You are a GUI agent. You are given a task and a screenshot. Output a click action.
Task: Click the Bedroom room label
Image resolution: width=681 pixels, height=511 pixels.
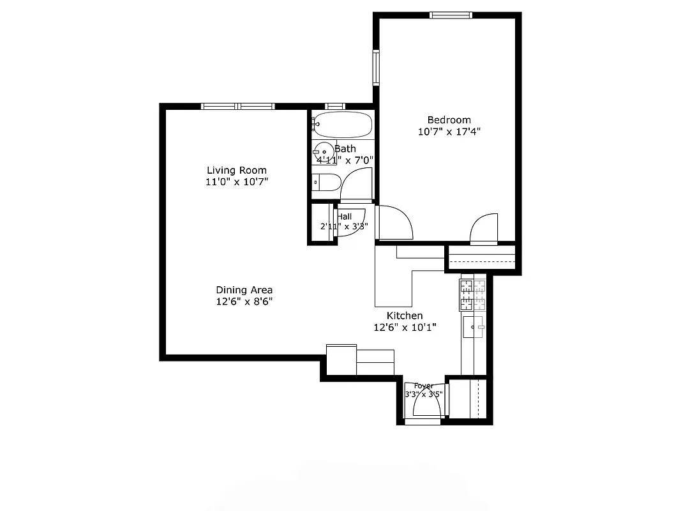(x=449, y=120)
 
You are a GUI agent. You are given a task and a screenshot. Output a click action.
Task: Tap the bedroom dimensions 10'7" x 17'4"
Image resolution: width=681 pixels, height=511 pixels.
(x=449, y=132)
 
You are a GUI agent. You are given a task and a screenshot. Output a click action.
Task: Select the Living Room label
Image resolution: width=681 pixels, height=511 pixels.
(x=236, y=171)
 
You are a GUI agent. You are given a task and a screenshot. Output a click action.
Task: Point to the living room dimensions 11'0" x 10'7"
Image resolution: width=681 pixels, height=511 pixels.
(x=236, y=182)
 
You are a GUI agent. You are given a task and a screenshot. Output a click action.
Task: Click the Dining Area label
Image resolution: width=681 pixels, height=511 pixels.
(x=244, y=290)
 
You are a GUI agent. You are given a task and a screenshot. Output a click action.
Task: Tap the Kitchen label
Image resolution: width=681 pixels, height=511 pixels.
(x=405, y=316)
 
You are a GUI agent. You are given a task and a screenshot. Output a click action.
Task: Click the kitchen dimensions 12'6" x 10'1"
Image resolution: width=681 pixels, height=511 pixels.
(x=405, y=327)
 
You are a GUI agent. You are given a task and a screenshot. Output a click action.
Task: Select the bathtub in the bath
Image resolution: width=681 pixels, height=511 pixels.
(x=343, y=125)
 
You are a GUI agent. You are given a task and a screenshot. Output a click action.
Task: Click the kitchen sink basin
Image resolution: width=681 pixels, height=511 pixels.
(x=474, y=327)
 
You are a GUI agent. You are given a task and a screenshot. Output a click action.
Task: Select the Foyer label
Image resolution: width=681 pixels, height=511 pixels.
(x=424, y=386)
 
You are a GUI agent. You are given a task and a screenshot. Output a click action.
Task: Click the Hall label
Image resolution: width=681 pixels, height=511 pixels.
(x=345, y=217)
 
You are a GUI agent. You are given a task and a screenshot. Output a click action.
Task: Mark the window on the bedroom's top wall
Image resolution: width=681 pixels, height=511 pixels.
(x=451, y=15)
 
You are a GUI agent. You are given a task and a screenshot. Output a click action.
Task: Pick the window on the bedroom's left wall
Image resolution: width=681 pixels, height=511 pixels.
(x=377, y=68)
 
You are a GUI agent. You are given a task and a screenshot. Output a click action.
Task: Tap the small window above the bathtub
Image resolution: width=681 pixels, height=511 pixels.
(x=334, y=106)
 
